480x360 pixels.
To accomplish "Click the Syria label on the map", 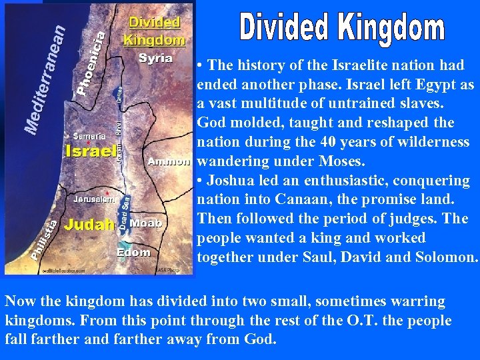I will [x=156, y=59].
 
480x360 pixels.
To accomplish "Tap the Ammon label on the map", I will [x=169, y=162].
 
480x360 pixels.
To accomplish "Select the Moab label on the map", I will [x=145, y=223].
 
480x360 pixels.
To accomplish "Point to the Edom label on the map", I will [x=133, y=253].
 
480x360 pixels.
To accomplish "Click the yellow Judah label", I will [x=89, y=224].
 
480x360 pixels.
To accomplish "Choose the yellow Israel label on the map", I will [x=91, y=151].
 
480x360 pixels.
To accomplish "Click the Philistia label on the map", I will [x=43, y=240].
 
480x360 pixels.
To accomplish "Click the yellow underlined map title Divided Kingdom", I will [x=155, y=31].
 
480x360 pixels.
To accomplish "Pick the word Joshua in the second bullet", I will [x=229, y=181].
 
